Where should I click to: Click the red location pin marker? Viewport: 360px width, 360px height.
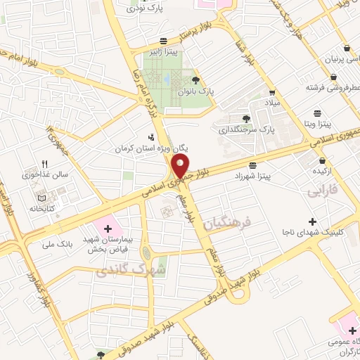coord(181,165)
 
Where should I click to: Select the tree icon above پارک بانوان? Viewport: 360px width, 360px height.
coord(195,79)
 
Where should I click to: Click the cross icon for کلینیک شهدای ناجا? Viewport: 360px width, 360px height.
coord(312,221)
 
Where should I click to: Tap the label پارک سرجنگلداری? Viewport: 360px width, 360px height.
coord(245,130)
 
